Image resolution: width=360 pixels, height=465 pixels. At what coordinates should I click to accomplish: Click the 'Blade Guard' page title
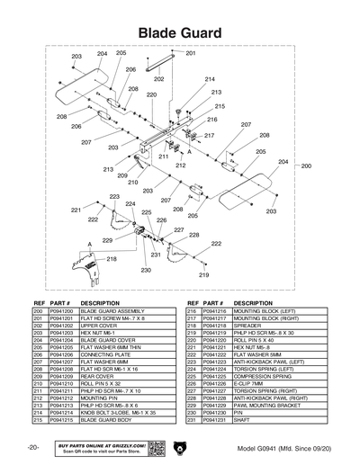tap(180, 33)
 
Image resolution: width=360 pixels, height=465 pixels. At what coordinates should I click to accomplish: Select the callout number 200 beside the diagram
tap(305, 166)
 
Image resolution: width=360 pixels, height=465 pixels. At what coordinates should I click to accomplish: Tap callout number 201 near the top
tap(190, 54)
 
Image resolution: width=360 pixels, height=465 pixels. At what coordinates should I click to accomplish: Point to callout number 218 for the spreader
tap(112, 258)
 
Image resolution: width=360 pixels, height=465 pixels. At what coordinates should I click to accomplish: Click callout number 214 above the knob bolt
tap(210, 79)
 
